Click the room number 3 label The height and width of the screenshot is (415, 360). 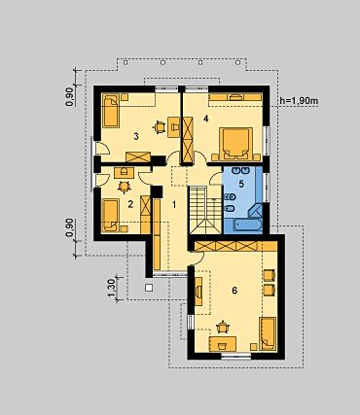(x=136, y=136)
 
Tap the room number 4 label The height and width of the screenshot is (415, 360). (x=205, y=119)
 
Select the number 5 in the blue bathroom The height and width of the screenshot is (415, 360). (x=241, y=184)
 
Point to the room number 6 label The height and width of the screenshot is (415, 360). (x=234, y=291)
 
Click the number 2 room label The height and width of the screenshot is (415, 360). (x=130, y=204)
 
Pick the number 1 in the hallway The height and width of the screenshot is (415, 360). (x=174, y=205)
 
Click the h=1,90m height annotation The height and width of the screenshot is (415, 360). (x=300, y=101)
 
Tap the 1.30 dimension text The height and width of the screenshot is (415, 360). (x=111, y=288)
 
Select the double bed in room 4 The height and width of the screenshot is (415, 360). (x=236, y=144)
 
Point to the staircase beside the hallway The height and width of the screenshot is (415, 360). (x=205, y=210)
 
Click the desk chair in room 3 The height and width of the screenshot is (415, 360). (x=160, y=126)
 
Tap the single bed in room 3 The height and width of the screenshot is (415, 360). (x=112, y=111)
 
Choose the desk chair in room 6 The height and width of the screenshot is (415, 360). (x=223, y=327)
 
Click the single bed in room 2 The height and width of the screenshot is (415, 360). (x=111, y=216)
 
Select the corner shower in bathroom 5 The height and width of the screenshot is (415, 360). (x=256, y=210)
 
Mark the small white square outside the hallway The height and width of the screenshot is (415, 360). (x=149, y=288)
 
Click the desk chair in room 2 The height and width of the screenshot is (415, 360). (x=124, y=187)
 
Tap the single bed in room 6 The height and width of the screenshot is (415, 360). (x=268, y=334)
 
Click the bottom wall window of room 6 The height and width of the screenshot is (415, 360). (x=235, y=357)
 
